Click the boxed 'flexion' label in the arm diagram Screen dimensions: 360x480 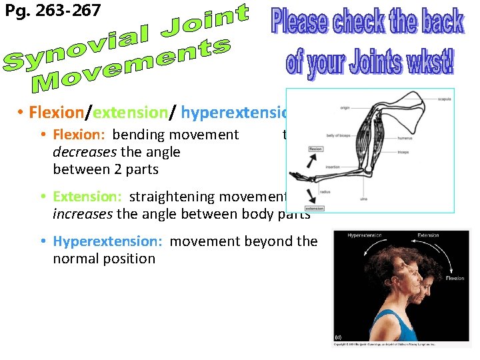tap(316, 149)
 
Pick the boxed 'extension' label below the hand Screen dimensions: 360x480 tap(314, 208)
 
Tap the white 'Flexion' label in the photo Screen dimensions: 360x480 tap(455, 278)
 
